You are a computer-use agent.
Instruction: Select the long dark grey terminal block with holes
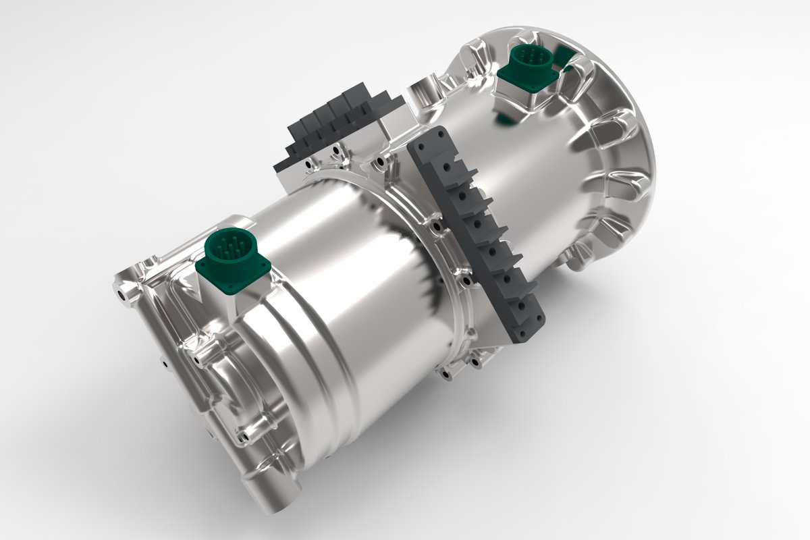(479, 236)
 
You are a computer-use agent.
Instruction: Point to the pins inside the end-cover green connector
(227, 246)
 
